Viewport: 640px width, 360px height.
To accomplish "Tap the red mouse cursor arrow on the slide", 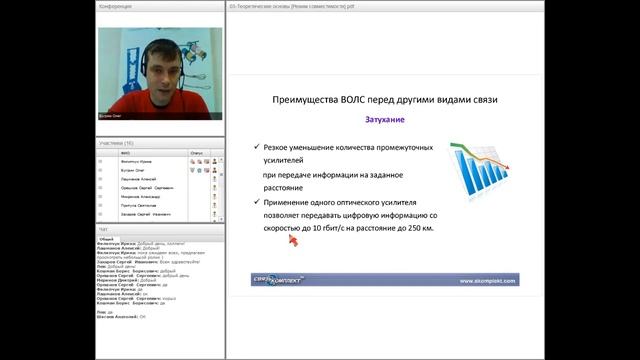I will click(294, 239).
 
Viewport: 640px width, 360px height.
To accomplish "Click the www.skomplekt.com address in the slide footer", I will click(487, 280).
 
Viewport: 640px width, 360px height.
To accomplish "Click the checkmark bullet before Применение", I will click(257, 202).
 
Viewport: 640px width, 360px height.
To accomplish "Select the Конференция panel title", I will click(112, 5).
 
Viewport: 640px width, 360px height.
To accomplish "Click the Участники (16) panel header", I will click(116, 143).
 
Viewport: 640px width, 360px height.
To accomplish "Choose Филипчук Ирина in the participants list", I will click(135, 162).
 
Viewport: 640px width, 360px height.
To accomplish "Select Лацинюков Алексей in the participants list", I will click(136, 179).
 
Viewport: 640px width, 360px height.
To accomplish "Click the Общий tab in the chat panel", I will click(107, 239).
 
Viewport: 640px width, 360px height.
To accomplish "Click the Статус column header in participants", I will click(196, 153).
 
